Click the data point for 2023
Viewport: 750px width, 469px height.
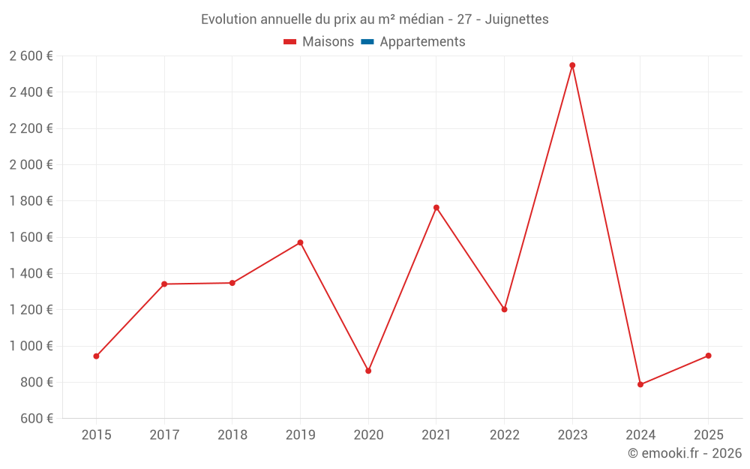pyautogui.click(x=572, y=65)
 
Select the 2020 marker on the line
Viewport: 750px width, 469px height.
pyautogui.click(x=368, y=371)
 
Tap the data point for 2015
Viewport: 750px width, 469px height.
pyautogui.click(x=96, y=356)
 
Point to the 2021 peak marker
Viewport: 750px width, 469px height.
pyautogui.click(x=436, y=208)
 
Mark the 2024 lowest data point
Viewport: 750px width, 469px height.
pyautogui.click(x=640, y=385)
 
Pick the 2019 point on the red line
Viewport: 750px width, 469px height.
pyautogui.click(x=300, y=242)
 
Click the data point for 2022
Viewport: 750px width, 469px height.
pyautogui.click(x=504, y=309)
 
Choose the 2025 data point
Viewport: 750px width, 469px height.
pyautogui.click(x=708, y=356)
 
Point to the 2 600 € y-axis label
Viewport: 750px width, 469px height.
pyautogui.click(x=31, y=56)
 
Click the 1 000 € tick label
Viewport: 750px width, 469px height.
pyautogui.click(x=31, y=346)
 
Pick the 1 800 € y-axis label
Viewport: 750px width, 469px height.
pyautogui.click(x=31, y=201)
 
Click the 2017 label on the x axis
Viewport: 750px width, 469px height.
pyautogui.click(x=164, y=435)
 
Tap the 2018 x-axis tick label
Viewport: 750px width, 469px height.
pyautogui.click(x=232, y=435)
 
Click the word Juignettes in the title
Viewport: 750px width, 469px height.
pyautogui.click(x=517, y=20)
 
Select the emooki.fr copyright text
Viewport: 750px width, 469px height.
pyautogui.click(x=685, y=453)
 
